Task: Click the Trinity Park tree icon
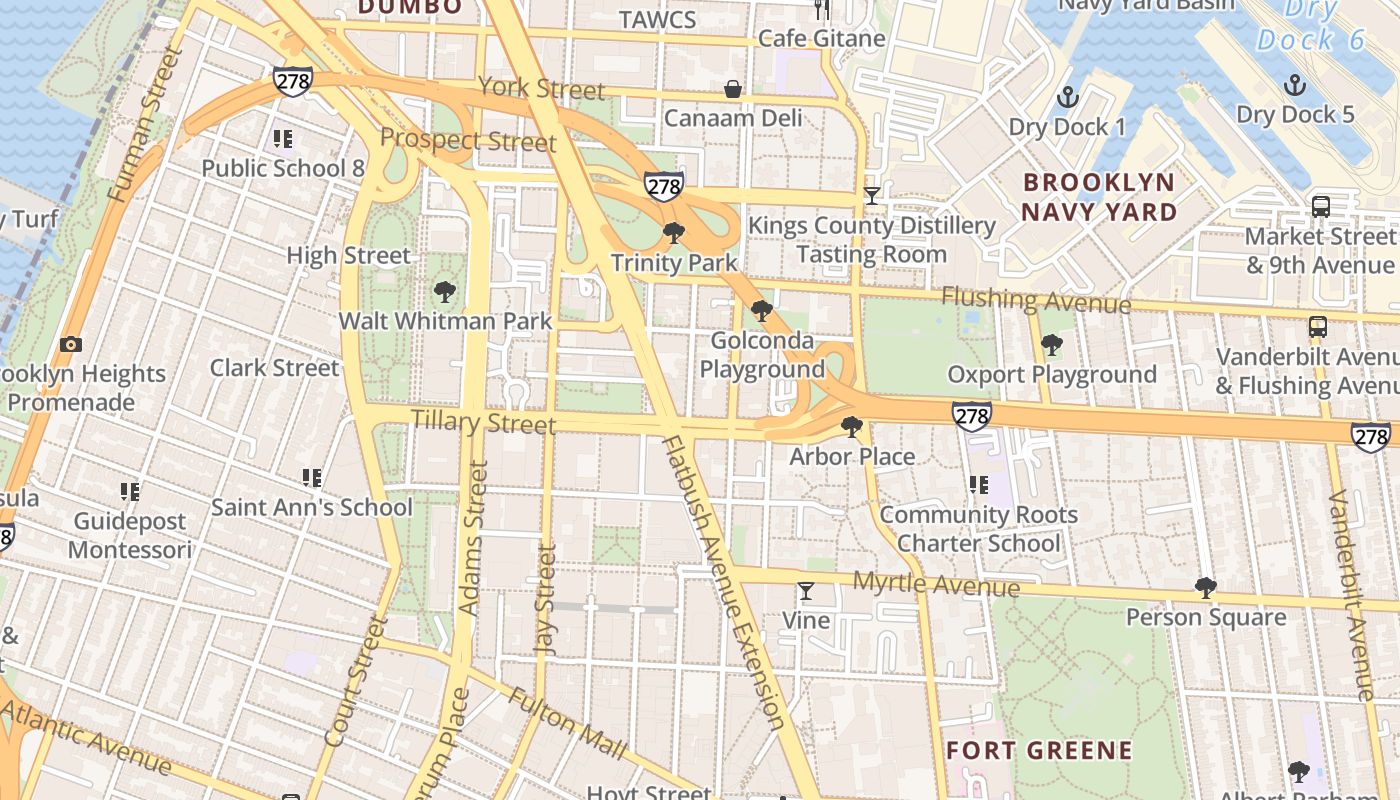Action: coord(674,233)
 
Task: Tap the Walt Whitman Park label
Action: coord(445,321)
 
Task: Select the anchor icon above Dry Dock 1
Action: coord(1068,97)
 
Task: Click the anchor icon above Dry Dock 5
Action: coord(1295,84)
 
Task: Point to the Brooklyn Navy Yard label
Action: coord(1099,197)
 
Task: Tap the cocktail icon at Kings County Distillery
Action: coord(871,196)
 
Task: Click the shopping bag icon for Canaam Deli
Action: coord(733,89)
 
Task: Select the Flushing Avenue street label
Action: coord(1036,299)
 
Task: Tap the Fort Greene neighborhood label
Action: coord(1039,750)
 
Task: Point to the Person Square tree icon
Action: coord(1206,587)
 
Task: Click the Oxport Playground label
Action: coord(1052,375)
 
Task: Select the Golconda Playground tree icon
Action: coord(762,310)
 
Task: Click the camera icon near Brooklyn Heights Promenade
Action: coord(70,344)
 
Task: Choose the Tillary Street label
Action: coord(483,422)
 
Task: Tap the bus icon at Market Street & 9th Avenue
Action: coord(1320,207)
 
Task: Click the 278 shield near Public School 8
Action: coord(292,81)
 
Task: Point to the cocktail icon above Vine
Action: coord(805,591)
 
